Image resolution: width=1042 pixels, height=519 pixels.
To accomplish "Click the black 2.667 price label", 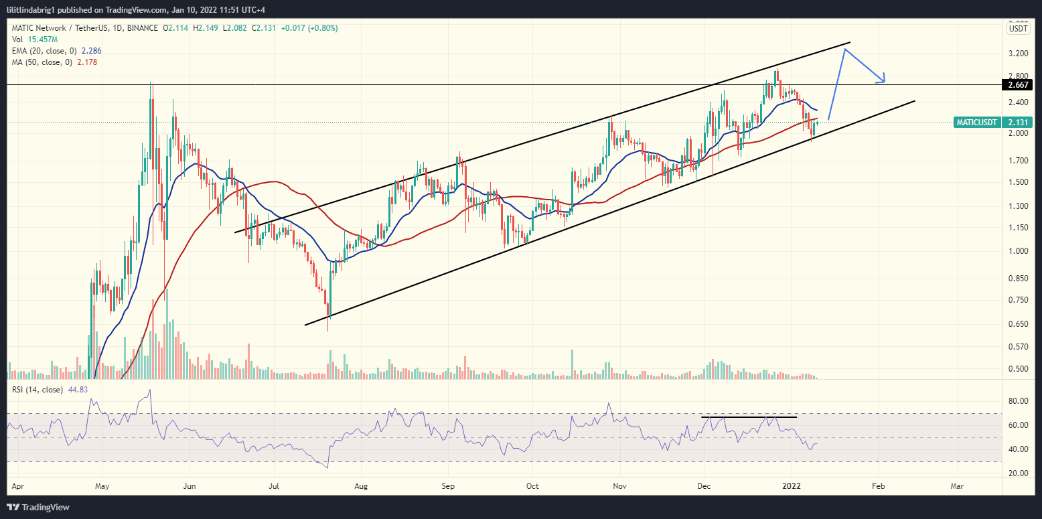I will tap(1016, 85).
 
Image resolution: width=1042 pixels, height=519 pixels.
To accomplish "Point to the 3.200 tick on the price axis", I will tap(1018, 53).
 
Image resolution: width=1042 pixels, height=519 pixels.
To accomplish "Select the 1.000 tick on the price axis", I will tap(1018, 251).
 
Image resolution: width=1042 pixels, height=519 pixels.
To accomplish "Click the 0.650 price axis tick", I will tap(1018, 324).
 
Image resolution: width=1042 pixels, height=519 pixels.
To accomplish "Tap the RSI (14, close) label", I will tap(38, 389).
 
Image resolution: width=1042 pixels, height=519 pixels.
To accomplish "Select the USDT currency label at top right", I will tap(1018, 28).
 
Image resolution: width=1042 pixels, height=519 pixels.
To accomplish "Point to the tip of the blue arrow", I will tap(885, 82).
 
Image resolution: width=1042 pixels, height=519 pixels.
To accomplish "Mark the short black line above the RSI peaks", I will tap(749, 417).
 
